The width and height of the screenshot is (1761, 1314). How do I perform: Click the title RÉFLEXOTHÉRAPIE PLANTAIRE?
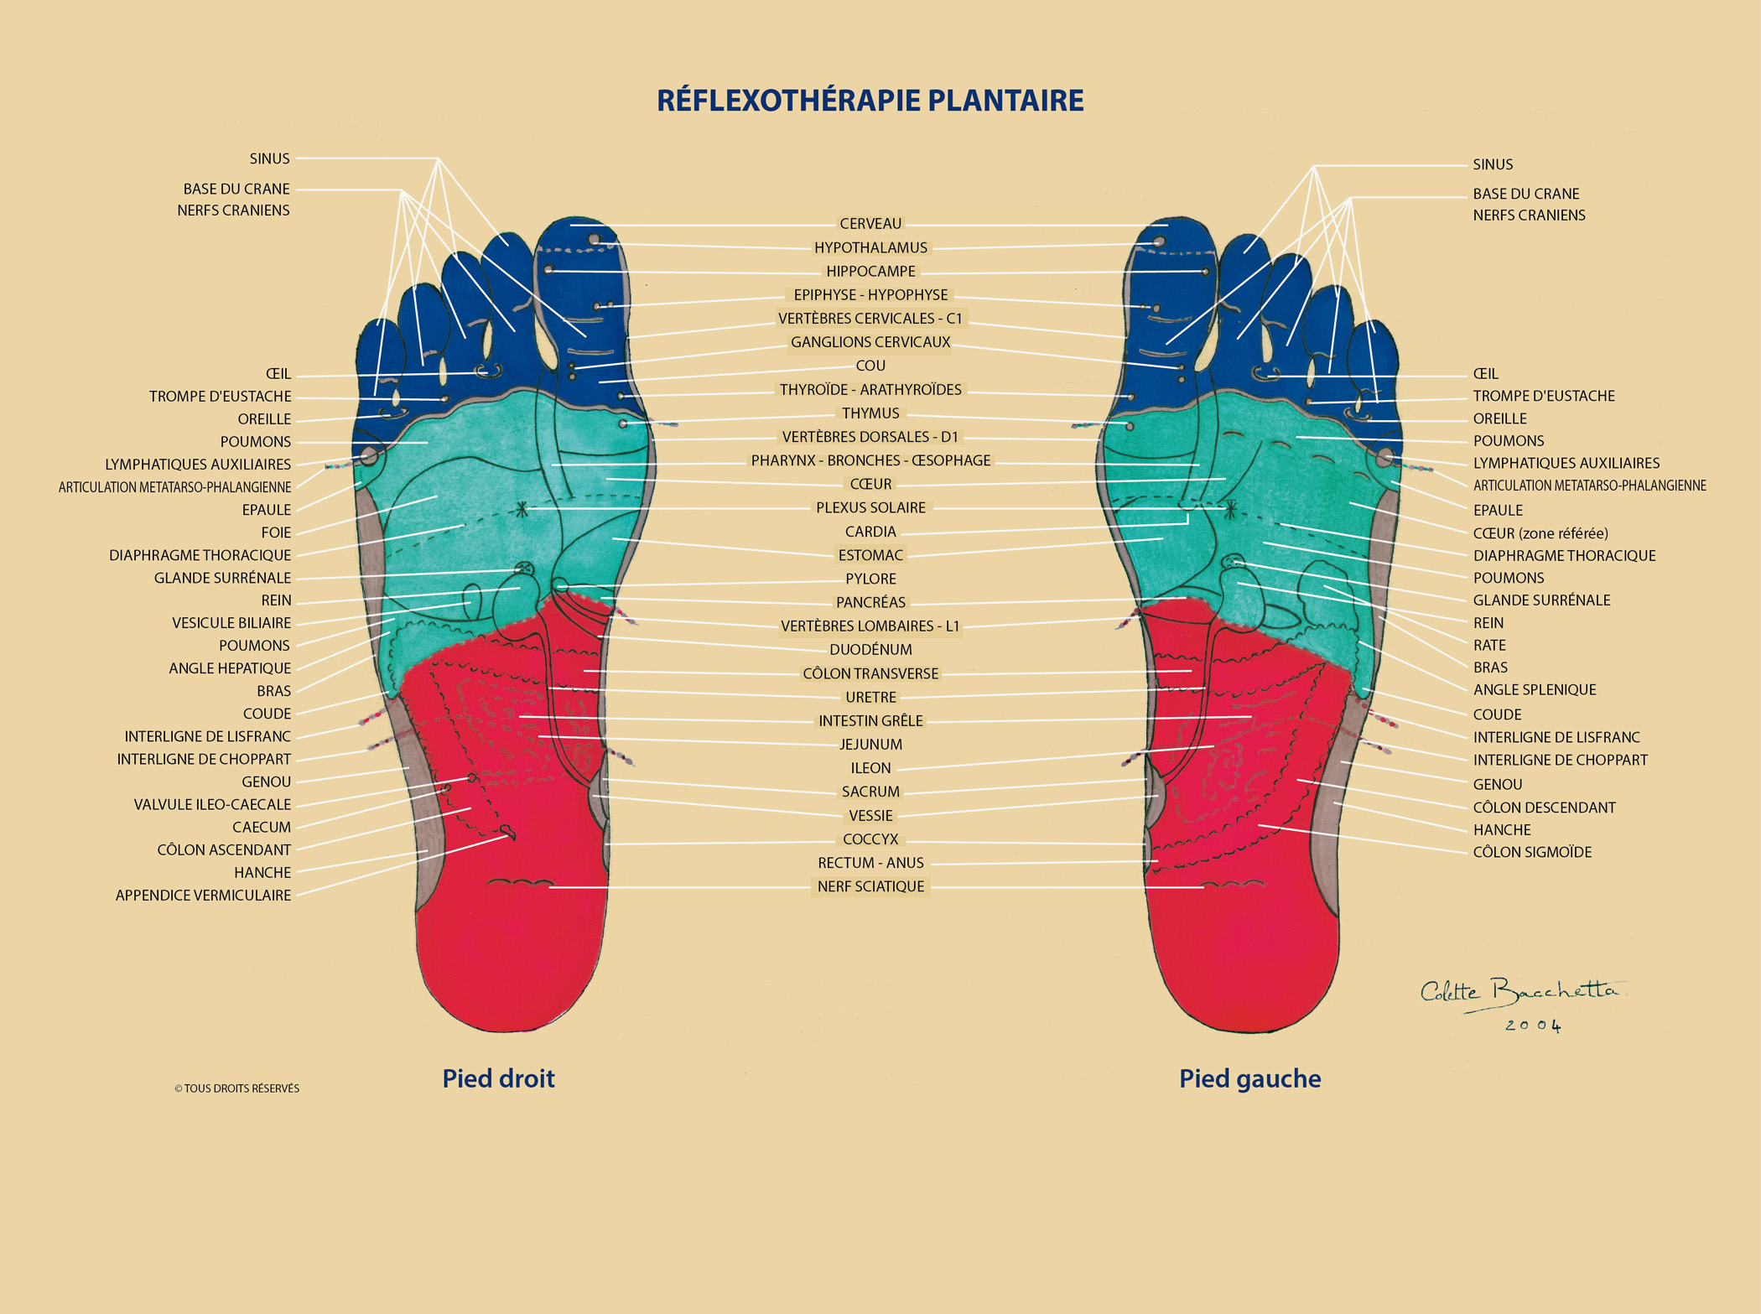(x=870, y=100)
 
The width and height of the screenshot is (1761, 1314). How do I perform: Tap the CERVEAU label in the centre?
(x=870, y=224)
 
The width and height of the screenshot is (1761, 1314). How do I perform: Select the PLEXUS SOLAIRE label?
(x=870, y=507)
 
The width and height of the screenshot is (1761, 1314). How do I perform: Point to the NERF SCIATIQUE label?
(x=870, y=886)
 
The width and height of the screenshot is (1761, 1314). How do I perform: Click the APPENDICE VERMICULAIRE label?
(x=203, y=896)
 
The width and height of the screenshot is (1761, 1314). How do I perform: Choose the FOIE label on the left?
(x=276, y=532)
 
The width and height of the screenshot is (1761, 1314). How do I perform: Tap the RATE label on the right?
(x=1489, y=645)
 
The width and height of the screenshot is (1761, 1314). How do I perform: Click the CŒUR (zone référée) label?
(x=1540, y=533)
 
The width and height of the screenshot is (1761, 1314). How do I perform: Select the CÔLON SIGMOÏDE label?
(x=1532, y=852)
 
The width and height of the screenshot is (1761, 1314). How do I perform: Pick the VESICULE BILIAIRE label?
(x=231, y=623)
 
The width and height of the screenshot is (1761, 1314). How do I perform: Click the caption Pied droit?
(x=498, y=1078)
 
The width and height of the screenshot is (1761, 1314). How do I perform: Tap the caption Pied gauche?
(x=1249, y=1078)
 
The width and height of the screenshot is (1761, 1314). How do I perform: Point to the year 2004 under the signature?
(x=1533, y=1026)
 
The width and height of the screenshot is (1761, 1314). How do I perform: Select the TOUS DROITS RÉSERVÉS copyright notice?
(x=236, y=1088)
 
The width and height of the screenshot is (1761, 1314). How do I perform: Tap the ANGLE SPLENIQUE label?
(x=1535, y=690)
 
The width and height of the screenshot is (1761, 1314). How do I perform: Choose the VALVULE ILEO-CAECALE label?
(x=212, y=804)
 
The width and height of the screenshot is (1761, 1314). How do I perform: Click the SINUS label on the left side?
(x=269, y=158)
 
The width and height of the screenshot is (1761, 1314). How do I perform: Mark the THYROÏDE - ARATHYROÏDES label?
(x=870, y=390)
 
